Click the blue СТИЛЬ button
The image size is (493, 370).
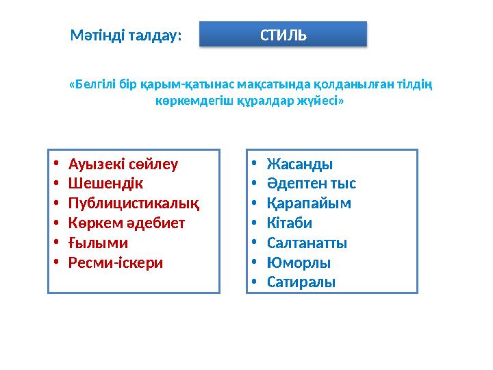coord(283,34)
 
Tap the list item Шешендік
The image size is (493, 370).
coord(107,184)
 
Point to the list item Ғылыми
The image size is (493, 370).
coord(98,243)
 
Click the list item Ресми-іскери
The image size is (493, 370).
coord(116,262)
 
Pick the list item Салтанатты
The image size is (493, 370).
coord(307,243)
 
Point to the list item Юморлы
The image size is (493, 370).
coord(299,262)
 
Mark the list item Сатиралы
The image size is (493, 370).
coord(301,282)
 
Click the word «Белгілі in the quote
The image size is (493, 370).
coord(93,85)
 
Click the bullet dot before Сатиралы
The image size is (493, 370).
coord(253,282)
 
